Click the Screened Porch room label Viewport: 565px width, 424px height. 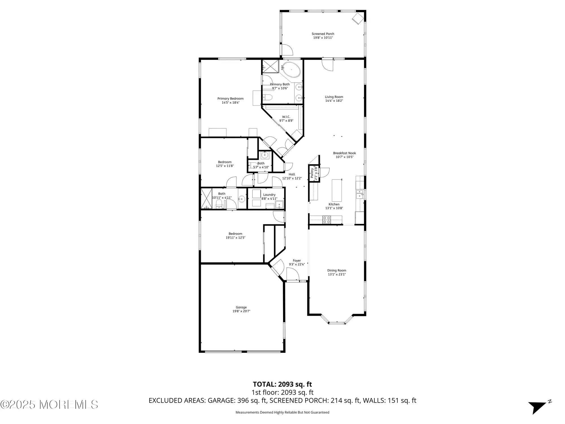[323, 34]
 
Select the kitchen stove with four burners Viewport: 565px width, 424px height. [327, 220]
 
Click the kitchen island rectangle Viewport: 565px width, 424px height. [337, 190]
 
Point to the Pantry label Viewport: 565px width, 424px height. [312, 173]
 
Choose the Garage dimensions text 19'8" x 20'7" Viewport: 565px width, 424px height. [241, 311]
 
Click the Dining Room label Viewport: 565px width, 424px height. [337, 271]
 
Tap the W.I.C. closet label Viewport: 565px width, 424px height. [286, 117]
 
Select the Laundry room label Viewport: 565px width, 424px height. [269, 195]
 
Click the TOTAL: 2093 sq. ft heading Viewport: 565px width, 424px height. [282, 384]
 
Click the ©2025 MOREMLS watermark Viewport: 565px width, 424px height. [49, 404]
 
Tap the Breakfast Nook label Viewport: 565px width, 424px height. [344, 153]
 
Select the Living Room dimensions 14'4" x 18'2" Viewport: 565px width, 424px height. [334, 101]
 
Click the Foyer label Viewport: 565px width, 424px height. [297, 261]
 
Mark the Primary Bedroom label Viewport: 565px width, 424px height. [231, 99]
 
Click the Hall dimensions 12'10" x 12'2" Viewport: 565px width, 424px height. [292, 178]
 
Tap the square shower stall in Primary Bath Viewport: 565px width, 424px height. [270, 67]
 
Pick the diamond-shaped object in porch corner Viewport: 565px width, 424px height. [358, 18]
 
